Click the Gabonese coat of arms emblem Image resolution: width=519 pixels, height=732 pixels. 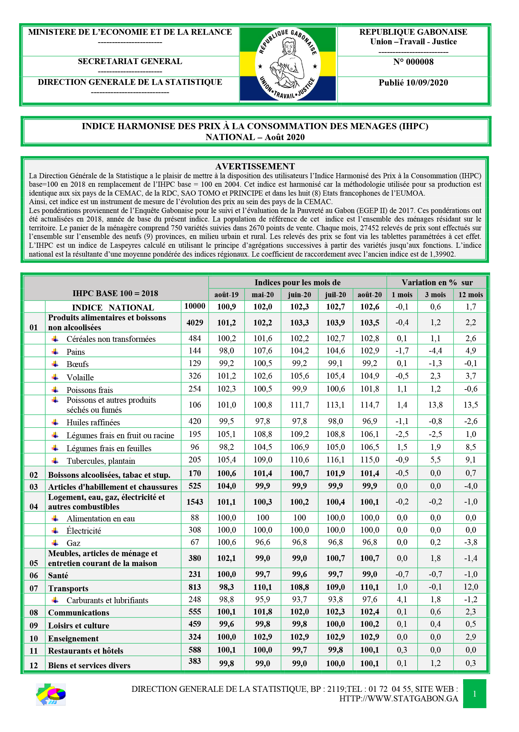pos(288,64)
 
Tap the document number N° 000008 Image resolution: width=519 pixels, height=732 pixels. pos(413,62)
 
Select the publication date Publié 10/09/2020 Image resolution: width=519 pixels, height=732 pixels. pos(413,83)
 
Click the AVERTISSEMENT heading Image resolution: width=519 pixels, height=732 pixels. pos(255,166)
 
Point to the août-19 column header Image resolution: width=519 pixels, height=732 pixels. pos(226,295)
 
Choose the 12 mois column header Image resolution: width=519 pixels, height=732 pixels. pos(470,295)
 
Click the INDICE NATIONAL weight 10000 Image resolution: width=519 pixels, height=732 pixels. pos(195,306)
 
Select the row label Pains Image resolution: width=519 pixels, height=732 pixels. pos(76,352)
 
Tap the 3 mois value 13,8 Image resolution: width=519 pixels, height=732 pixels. pos(435,405)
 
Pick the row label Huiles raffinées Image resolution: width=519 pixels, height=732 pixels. pos(93,423)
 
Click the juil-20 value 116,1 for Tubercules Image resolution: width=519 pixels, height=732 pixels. pos(336,460)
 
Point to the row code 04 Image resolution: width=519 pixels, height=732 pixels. pos(34,507)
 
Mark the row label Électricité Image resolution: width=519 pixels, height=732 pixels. pos(84,531)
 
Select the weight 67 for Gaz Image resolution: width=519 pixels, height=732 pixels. pos(195,542)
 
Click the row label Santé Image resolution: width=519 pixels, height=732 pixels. pos(58,576)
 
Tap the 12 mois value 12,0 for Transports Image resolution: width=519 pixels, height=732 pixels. pos(471,587)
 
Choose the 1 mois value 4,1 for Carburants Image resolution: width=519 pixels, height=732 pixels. pos(402,599)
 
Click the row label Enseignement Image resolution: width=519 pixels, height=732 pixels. pos(73,639)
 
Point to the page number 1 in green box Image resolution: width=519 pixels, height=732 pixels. pos(474,694)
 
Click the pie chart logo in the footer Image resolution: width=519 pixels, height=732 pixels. pos(51,694)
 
